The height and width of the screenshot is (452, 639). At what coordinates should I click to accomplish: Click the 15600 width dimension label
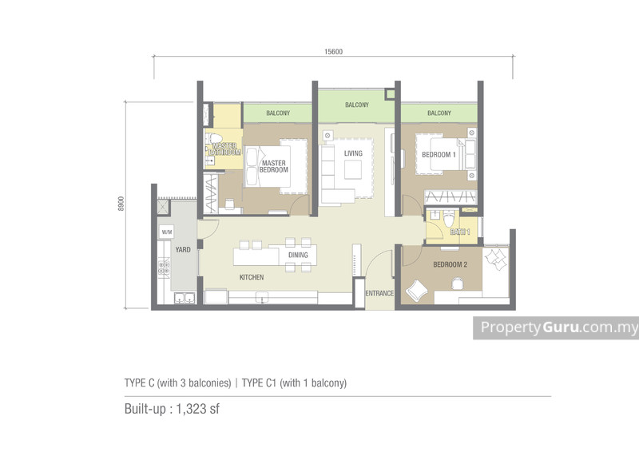333,52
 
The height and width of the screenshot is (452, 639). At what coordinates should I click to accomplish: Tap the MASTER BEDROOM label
273,167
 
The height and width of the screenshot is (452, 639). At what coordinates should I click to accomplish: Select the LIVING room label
353,153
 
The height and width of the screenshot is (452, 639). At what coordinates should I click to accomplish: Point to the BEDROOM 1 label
439,155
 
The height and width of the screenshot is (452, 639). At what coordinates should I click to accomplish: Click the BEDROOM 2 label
450,264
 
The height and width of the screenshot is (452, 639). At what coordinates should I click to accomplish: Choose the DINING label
298,255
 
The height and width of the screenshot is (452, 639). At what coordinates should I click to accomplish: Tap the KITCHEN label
252,277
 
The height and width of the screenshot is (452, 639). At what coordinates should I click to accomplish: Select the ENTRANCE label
379,293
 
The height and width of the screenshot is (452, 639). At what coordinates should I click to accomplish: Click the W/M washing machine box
166,232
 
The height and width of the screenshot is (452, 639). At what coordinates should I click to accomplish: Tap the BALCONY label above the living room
357,105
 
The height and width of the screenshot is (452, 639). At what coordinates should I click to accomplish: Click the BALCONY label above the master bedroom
277,113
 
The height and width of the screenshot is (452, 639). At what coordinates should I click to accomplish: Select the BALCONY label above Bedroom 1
439,113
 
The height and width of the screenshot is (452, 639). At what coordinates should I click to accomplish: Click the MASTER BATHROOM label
224,149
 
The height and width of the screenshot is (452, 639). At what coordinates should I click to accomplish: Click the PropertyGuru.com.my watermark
556,327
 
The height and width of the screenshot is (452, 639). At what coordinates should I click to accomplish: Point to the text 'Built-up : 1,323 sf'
172,410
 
